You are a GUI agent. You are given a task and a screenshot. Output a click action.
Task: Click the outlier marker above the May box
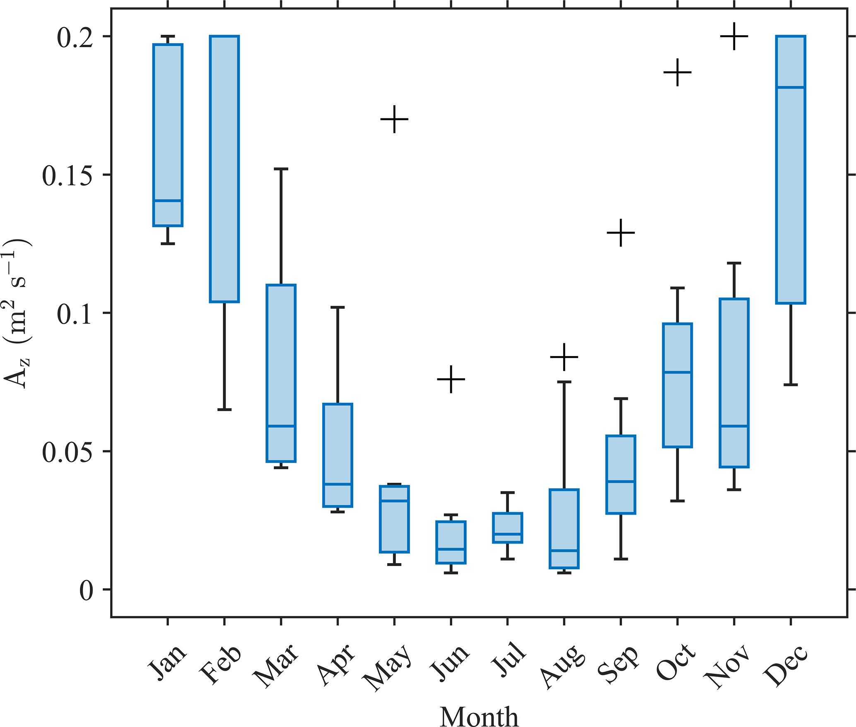coord(394,119)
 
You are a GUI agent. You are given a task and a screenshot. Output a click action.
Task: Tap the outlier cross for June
coord(451,379)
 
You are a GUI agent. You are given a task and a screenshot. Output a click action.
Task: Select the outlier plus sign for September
coord(621,233)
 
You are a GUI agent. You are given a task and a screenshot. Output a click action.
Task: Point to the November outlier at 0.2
coord(734,36)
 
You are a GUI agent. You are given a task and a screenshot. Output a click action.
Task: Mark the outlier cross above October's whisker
coord(678,72)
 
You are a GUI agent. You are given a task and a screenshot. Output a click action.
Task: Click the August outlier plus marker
coord(564,357)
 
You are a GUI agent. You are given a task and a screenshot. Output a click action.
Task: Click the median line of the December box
coord(791,87)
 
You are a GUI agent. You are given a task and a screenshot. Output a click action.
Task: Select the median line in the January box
coord(168,201)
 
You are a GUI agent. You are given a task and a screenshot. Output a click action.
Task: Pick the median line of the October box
coord(678,372)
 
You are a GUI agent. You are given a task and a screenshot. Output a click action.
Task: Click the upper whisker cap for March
coord(281,169)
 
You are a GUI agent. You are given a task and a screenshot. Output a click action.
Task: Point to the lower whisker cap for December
coord(791,385)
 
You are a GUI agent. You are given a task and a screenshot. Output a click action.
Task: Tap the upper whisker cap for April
coord(338,307)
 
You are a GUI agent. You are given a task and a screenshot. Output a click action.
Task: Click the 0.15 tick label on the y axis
coord(67,176)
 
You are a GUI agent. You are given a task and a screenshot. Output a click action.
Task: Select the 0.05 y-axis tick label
coord(67,452)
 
